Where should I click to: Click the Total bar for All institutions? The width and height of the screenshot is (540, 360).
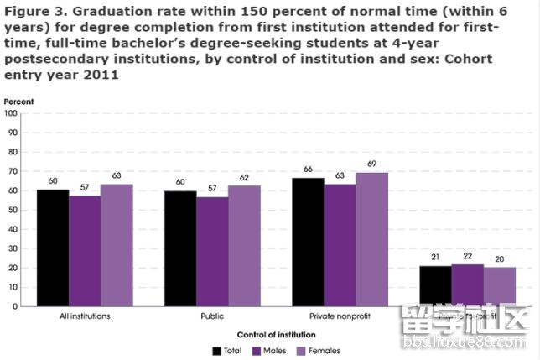(53, 248)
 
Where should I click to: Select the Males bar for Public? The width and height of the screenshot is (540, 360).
(212, 251)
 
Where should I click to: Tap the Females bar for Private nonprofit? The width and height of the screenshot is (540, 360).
(371, 239)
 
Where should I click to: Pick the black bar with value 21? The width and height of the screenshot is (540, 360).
(435, 286)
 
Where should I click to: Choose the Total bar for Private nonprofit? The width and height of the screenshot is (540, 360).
(308, 242)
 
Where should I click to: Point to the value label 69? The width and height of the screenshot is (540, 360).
(371, 164)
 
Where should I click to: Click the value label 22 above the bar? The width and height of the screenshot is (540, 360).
(467, 255)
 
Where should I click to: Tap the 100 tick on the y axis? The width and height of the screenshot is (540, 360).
(12, 112)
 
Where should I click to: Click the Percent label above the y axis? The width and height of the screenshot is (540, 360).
(18, 102)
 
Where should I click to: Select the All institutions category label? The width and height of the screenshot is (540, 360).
(85, 316)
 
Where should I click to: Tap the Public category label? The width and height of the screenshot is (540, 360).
(212, 316)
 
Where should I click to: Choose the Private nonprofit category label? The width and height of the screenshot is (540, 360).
(340, 316)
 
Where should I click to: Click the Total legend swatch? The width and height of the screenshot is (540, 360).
(216, 350)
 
